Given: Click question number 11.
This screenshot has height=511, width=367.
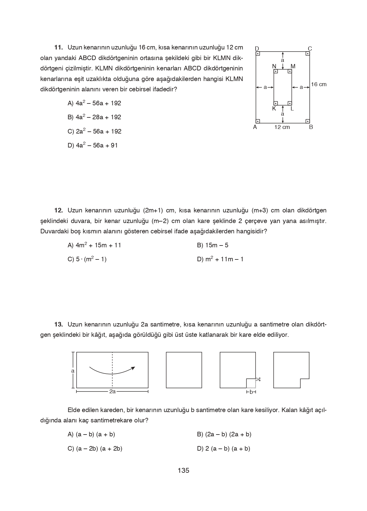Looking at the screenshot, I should click(x=58, y=47).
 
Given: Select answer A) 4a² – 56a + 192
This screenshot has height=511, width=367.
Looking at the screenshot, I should click(x=94, y=103).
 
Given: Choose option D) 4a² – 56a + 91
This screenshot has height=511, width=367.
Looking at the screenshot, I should click(x=92, y=145).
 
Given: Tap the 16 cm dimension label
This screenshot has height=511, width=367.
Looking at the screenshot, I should click(x=319, y=84).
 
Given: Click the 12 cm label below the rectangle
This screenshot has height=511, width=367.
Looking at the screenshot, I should click(x=282, y=127).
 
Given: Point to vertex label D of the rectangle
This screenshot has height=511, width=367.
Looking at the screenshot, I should click(x=257, y=49).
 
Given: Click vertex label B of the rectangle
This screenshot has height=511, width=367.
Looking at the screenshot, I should click(x=311, y=127).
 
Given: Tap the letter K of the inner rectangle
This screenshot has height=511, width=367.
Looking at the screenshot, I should click(x=274, y=109).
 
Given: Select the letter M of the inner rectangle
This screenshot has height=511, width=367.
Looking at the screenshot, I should click(x=293, y=66).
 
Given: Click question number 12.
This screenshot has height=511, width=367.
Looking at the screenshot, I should click(x=58, y=210).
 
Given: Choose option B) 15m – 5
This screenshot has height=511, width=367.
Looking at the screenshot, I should click(x=212, y=245).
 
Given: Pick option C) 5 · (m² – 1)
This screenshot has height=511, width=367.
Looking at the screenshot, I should click(x=87, y=259).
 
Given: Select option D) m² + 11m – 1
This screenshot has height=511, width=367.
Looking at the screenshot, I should click(x=220, y=259).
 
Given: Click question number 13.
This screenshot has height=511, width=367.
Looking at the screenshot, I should click(x=58, y=324).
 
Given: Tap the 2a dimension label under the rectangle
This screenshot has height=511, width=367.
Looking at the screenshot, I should click(x=112, y=392).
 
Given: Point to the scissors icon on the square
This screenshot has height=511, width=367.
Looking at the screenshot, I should click(x=258, y=379).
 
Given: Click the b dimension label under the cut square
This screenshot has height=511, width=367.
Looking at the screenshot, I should click(x=251, y=392).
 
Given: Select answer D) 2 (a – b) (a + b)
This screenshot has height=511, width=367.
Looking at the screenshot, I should click(x=223, y=448).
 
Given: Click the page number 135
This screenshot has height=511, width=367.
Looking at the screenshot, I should click(x=183, y=471).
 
